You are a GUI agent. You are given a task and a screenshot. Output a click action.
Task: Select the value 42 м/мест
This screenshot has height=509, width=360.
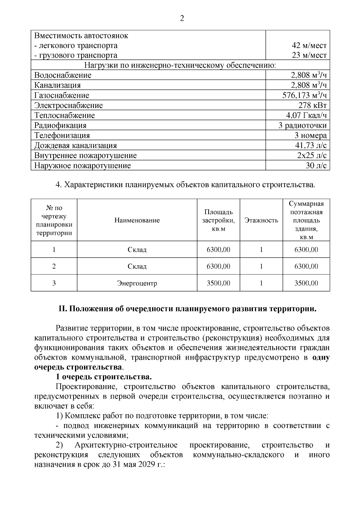[x=309, y=46]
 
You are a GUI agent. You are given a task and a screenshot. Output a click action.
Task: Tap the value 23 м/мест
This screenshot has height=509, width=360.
[x=309, y=55]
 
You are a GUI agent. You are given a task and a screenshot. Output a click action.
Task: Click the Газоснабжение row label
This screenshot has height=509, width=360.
[x=61, y=95]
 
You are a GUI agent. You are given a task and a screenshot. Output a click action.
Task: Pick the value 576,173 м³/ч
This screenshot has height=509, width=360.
[x=304, y=95]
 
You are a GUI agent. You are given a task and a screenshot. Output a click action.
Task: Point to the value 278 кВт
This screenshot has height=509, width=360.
[x=312, y=105]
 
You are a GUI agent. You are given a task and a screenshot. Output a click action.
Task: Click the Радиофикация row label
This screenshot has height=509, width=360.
[x=60, y=125]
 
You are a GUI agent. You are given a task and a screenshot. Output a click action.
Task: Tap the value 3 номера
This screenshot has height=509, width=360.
[x=310, y=136]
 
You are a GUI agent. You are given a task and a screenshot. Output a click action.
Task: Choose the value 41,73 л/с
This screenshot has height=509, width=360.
[x=311, y=145]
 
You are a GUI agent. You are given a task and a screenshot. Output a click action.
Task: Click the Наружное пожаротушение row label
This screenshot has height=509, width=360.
[x=82, y=166]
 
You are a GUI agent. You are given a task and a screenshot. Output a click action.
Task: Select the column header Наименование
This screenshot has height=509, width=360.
[x=137, y=220]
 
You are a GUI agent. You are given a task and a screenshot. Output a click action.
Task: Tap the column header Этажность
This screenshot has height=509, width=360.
[x=261, y=220]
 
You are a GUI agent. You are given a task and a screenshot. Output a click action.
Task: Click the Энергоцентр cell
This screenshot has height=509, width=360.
[x=137, y=283]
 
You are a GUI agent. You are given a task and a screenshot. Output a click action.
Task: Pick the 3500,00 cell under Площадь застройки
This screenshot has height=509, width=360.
[x=218, y=283]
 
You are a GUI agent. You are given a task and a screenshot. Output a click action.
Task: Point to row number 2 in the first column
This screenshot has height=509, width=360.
[x=54, y=266]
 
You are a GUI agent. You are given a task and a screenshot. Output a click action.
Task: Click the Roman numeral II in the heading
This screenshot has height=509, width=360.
[x=62, y=309]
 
